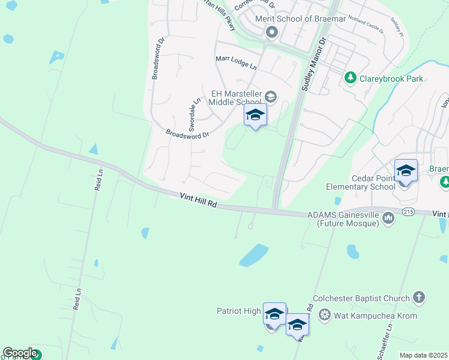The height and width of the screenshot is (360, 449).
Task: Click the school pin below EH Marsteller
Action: point(255,115)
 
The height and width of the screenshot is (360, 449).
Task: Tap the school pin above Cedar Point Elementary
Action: point(406,171)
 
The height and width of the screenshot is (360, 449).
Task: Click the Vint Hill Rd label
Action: point(198,200)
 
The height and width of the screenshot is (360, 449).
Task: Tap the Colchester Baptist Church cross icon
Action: point(418,298)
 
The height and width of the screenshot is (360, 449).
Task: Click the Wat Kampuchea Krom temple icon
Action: point(325,315)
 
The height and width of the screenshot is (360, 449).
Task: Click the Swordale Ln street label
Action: point(194,114)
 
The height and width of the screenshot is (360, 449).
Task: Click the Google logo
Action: point(19,353)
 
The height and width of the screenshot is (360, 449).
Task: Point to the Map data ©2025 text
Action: point(424,355)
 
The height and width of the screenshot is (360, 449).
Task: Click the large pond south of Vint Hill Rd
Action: point(254,254)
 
